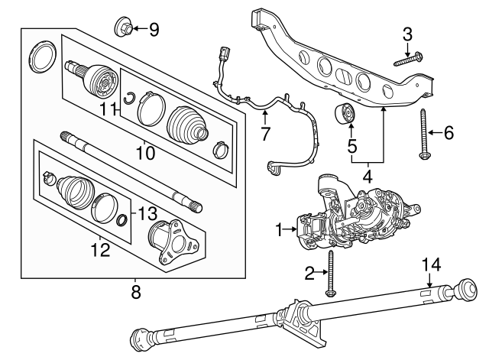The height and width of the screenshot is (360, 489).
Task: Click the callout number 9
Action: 154,30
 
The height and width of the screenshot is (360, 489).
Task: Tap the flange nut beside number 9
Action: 125,28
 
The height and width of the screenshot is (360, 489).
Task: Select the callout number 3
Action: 407,34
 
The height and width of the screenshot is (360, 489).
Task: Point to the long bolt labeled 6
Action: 423,135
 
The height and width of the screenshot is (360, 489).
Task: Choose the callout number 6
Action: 449,133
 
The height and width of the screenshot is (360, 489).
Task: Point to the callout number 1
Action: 280,228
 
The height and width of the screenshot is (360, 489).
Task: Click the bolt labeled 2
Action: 330,274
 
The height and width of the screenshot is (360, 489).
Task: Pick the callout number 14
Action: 432,264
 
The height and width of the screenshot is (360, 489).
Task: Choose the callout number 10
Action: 144,154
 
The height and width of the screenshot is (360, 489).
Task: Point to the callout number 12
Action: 100,249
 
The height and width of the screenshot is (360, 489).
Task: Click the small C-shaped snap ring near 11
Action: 131,96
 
